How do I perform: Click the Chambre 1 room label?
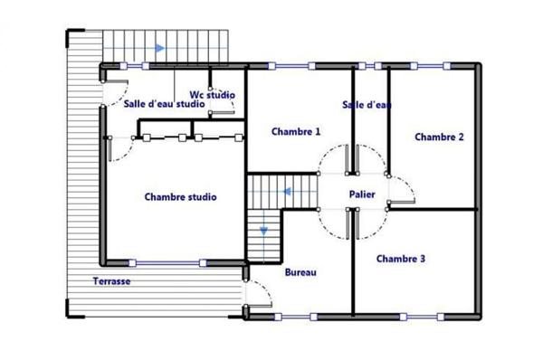[x=296, y=131]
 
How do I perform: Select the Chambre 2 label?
[x=439, y=137]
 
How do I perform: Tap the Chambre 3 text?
[x=400, y=259]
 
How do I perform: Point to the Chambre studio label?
[x=180, y=196]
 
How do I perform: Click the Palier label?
[x=362, y=194]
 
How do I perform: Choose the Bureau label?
[x=300, y=272]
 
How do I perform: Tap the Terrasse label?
[x=111, y=281]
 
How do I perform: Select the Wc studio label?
[x=212, y=93]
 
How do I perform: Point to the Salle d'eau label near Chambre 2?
[x=367, y=105]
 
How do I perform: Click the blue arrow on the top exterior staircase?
[x=159, y=49]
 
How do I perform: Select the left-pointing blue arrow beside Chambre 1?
[x=286, y=192]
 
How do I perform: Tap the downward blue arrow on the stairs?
[x=264, y=231]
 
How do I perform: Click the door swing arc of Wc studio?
[x=228, y=109]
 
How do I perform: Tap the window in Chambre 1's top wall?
[x=291, y=65]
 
